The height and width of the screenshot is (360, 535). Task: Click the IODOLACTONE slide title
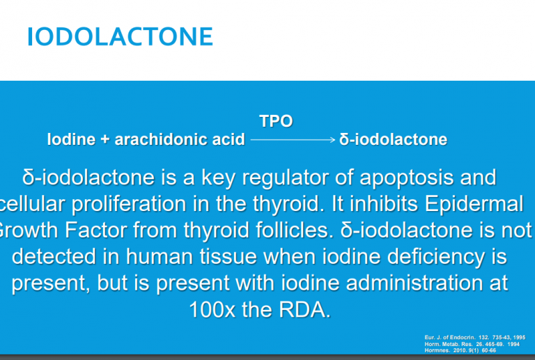tap(120, 36)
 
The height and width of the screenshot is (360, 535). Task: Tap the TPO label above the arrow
tap(276, 121)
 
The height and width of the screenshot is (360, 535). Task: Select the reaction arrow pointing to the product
tap(293, 140)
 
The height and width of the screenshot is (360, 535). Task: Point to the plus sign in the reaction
tap(104, 140)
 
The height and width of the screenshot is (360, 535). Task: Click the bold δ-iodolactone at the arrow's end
tap(394, 139)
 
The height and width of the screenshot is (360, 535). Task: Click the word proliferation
tap(143, 204)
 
